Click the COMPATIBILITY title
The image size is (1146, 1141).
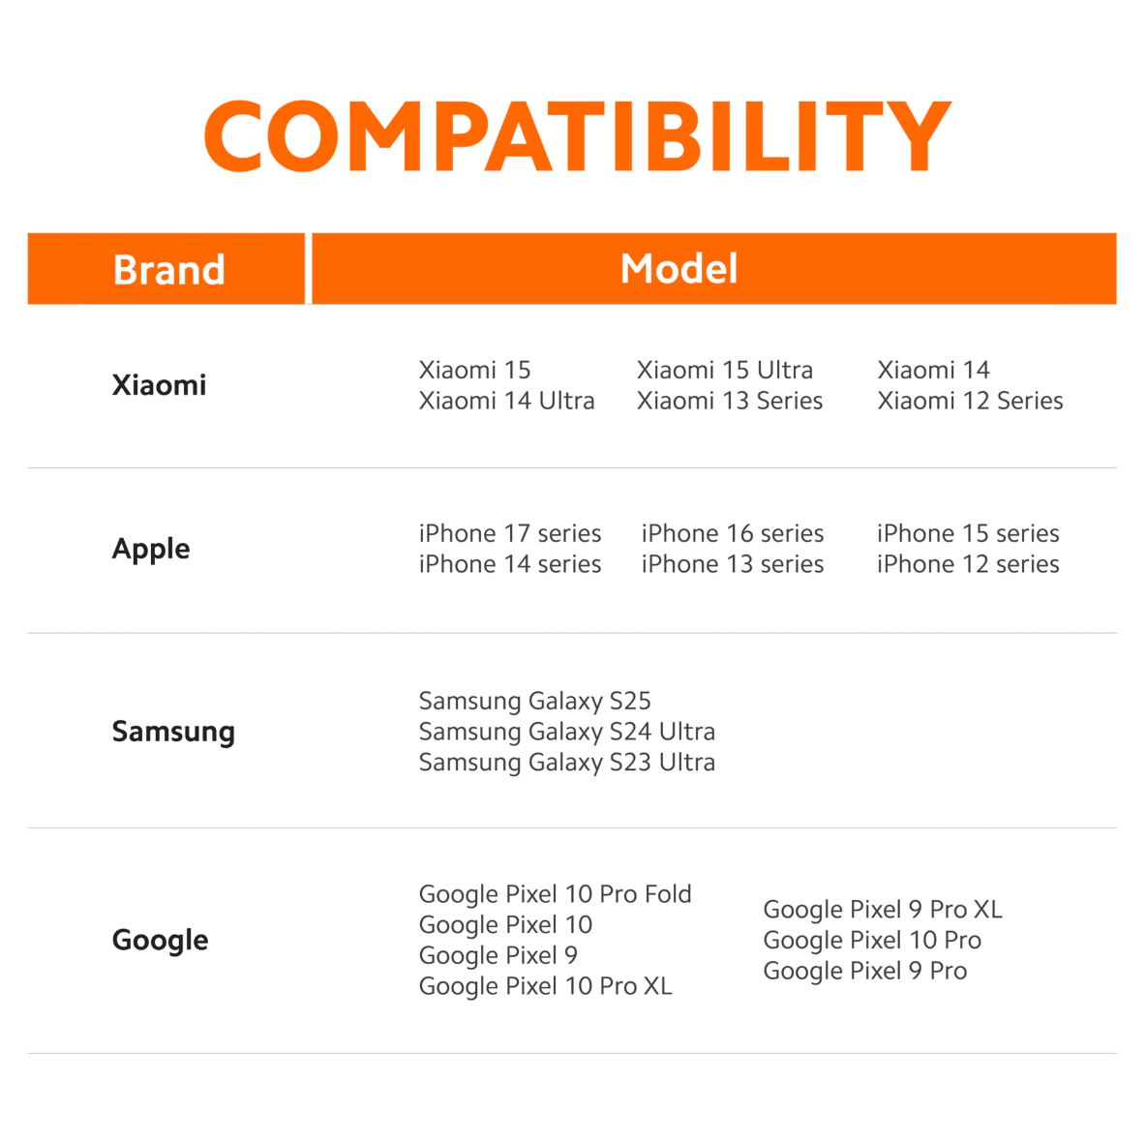click(578, 135)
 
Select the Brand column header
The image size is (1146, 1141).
click(168, 269)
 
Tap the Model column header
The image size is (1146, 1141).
click(679, 268)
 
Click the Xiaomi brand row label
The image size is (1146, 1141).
click(160, 385)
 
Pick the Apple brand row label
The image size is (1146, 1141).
click(151, 549)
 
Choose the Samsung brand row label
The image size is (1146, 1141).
click(173, 732)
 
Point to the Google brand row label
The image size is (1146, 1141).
click(160, 940)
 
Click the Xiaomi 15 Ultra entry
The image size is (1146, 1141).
click(724, 370)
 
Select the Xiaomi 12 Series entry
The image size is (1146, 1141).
click(970, 401)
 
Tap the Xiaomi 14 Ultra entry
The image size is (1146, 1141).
click(506, 401)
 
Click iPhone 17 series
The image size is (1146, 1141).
click(510, 533)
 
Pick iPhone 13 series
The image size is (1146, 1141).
click(733, 564)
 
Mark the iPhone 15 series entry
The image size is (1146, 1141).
click(968, 533)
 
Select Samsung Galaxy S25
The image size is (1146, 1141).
click(534, 701)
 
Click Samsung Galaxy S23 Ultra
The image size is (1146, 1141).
click(566, 763)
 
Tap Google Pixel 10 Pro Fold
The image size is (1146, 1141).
click(555, 894)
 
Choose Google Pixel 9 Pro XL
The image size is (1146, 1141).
click(882, 910)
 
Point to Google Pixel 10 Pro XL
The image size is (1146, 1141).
click(545, 986)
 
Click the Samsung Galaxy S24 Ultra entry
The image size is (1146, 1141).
click(566, 732)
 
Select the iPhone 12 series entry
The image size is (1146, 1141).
click(968, 564)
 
